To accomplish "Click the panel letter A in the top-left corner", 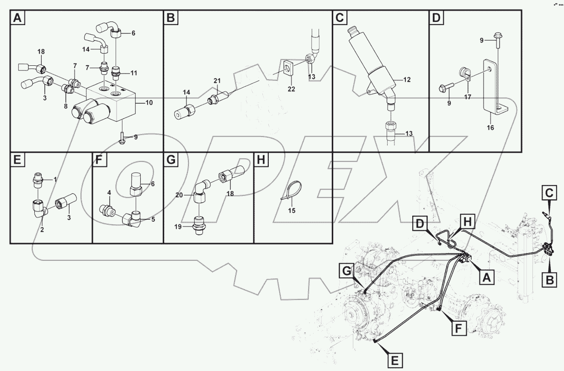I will [17, 18].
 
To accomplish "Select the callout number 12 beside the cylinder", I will [406, 79].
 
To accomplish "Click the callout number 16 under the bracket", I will [490, 127].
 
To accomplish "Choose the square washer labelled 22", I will [287, 68].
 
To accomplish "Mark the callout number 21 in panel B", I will [217, 81].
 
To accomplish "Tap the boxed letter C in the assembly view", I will [548, 194].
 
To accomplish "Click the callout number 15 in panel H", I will [292, 211].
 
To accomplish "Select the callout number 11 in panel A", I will [133, 73].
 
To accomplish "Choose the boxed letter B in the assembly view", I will [550, 280].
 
